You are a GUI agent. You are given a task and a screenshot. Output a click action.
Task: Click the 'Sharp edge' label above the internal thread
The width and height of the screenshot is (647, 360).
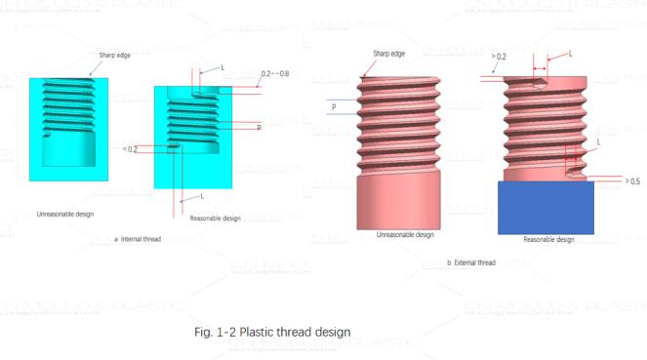114,55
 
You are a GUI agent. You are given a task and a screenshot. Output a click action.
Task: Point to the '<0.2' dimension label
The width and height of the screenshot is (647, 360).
130,149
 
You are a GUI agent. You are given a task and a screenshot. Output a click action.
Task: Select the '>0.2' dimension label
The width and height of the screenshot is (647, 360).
500,57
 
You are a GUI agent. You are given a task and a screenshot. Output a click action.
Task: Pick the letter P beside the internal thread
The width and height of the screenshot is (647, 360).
259,128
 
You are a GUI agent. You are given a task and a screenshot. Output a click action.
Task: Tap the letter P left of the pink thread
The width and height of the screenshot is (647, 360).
334,106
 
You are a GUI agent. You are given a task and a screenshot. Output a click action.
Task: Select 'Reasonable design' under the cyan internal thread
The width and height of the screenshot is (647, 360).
215,218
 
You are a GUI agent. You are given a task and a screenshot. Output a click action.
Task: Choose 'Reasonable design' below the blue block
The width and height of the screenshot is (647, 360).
548,239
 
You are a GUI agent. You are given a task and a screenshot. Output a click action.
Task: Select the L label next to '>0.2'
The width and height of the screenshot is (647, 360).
571,54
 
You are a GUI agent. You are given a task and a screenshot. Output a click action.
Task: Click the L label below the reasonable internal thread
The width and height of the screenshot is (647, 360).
200,196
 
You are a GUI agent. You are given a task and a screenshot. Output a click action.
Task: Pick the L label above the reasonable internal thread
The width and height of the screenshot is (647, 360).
222,67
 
